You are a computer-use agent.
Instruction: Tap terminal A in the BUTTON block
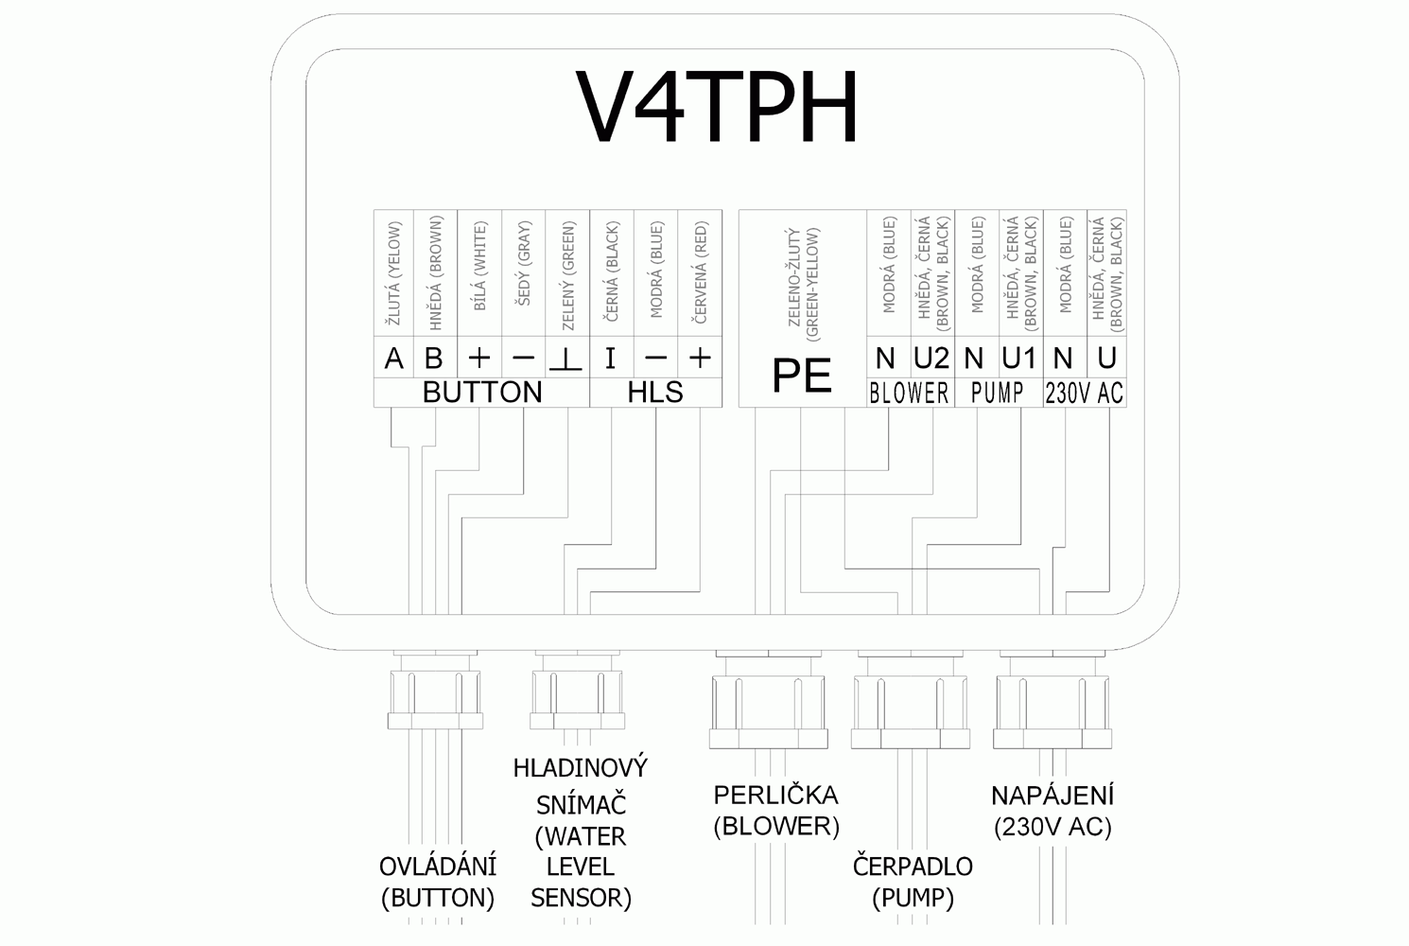[x=394, y=359]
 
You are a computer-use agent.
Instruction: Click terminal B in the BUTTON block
[x=434, y=359]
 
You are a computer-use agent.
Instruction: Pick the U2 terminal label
[x=931, y=359]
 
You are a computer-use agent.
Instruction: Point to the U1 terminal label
[x=1018, y=359]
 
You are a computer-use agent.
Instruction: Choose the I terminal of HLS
[x=610, y=359]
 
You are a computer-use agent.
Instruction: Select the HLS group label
[x=654, y=393]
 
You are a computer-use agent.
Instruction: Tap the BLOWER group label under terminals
[x=908, y=394]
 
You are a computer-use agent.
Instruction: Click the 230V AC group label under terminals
[x=1084, y=394]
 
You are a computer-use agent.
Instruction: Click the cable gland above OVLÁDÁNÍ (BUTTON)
[x=436, y=695]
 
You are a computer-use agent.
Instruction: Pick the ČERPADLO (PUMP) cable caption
[x=912, y=881]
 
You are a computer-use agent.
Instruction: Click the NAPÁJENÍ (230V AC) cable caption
[x=1052, y=810]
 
